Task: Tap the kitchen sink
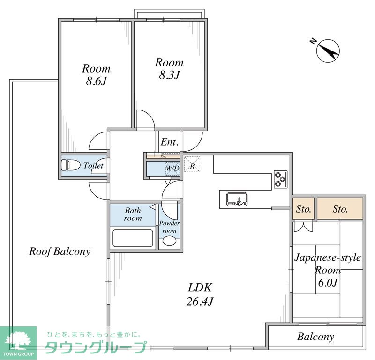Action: click(x=237, y=199)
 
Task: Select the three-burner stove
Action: click(x=280, y=179)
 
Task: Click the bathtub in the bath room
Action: click(x=133, y=238)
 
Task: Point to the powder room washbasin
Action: click(x=169, y=241)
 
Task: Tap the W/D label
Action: click(x=172, y=168)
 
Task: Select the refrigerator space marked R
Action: click(x=192, y=164)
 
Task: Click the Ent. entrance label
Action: click(x=170, y=142)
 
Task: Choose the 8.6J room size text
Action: click(x=96, y=81)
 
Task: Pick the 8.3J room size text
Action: click(x=169, y=75)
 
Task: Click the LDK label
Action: click(x=200, y=287)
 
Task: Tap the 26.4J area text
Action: click(x=200, y=301)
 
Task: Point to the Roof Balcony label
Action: click(x=60, y=251)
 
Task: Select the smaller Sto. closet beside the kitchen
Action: click(x=303, y=208)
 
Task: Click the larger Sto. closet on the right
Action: click(x=340, y=208)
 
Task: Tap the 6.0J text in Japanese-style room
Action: click(x=328, y=283)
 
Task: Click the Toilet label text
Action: click(x=93, y=165)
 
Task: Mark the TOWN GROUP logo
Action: click(x=18, y=343)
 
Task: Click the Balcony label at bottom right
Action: click(x=315, y=337)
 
